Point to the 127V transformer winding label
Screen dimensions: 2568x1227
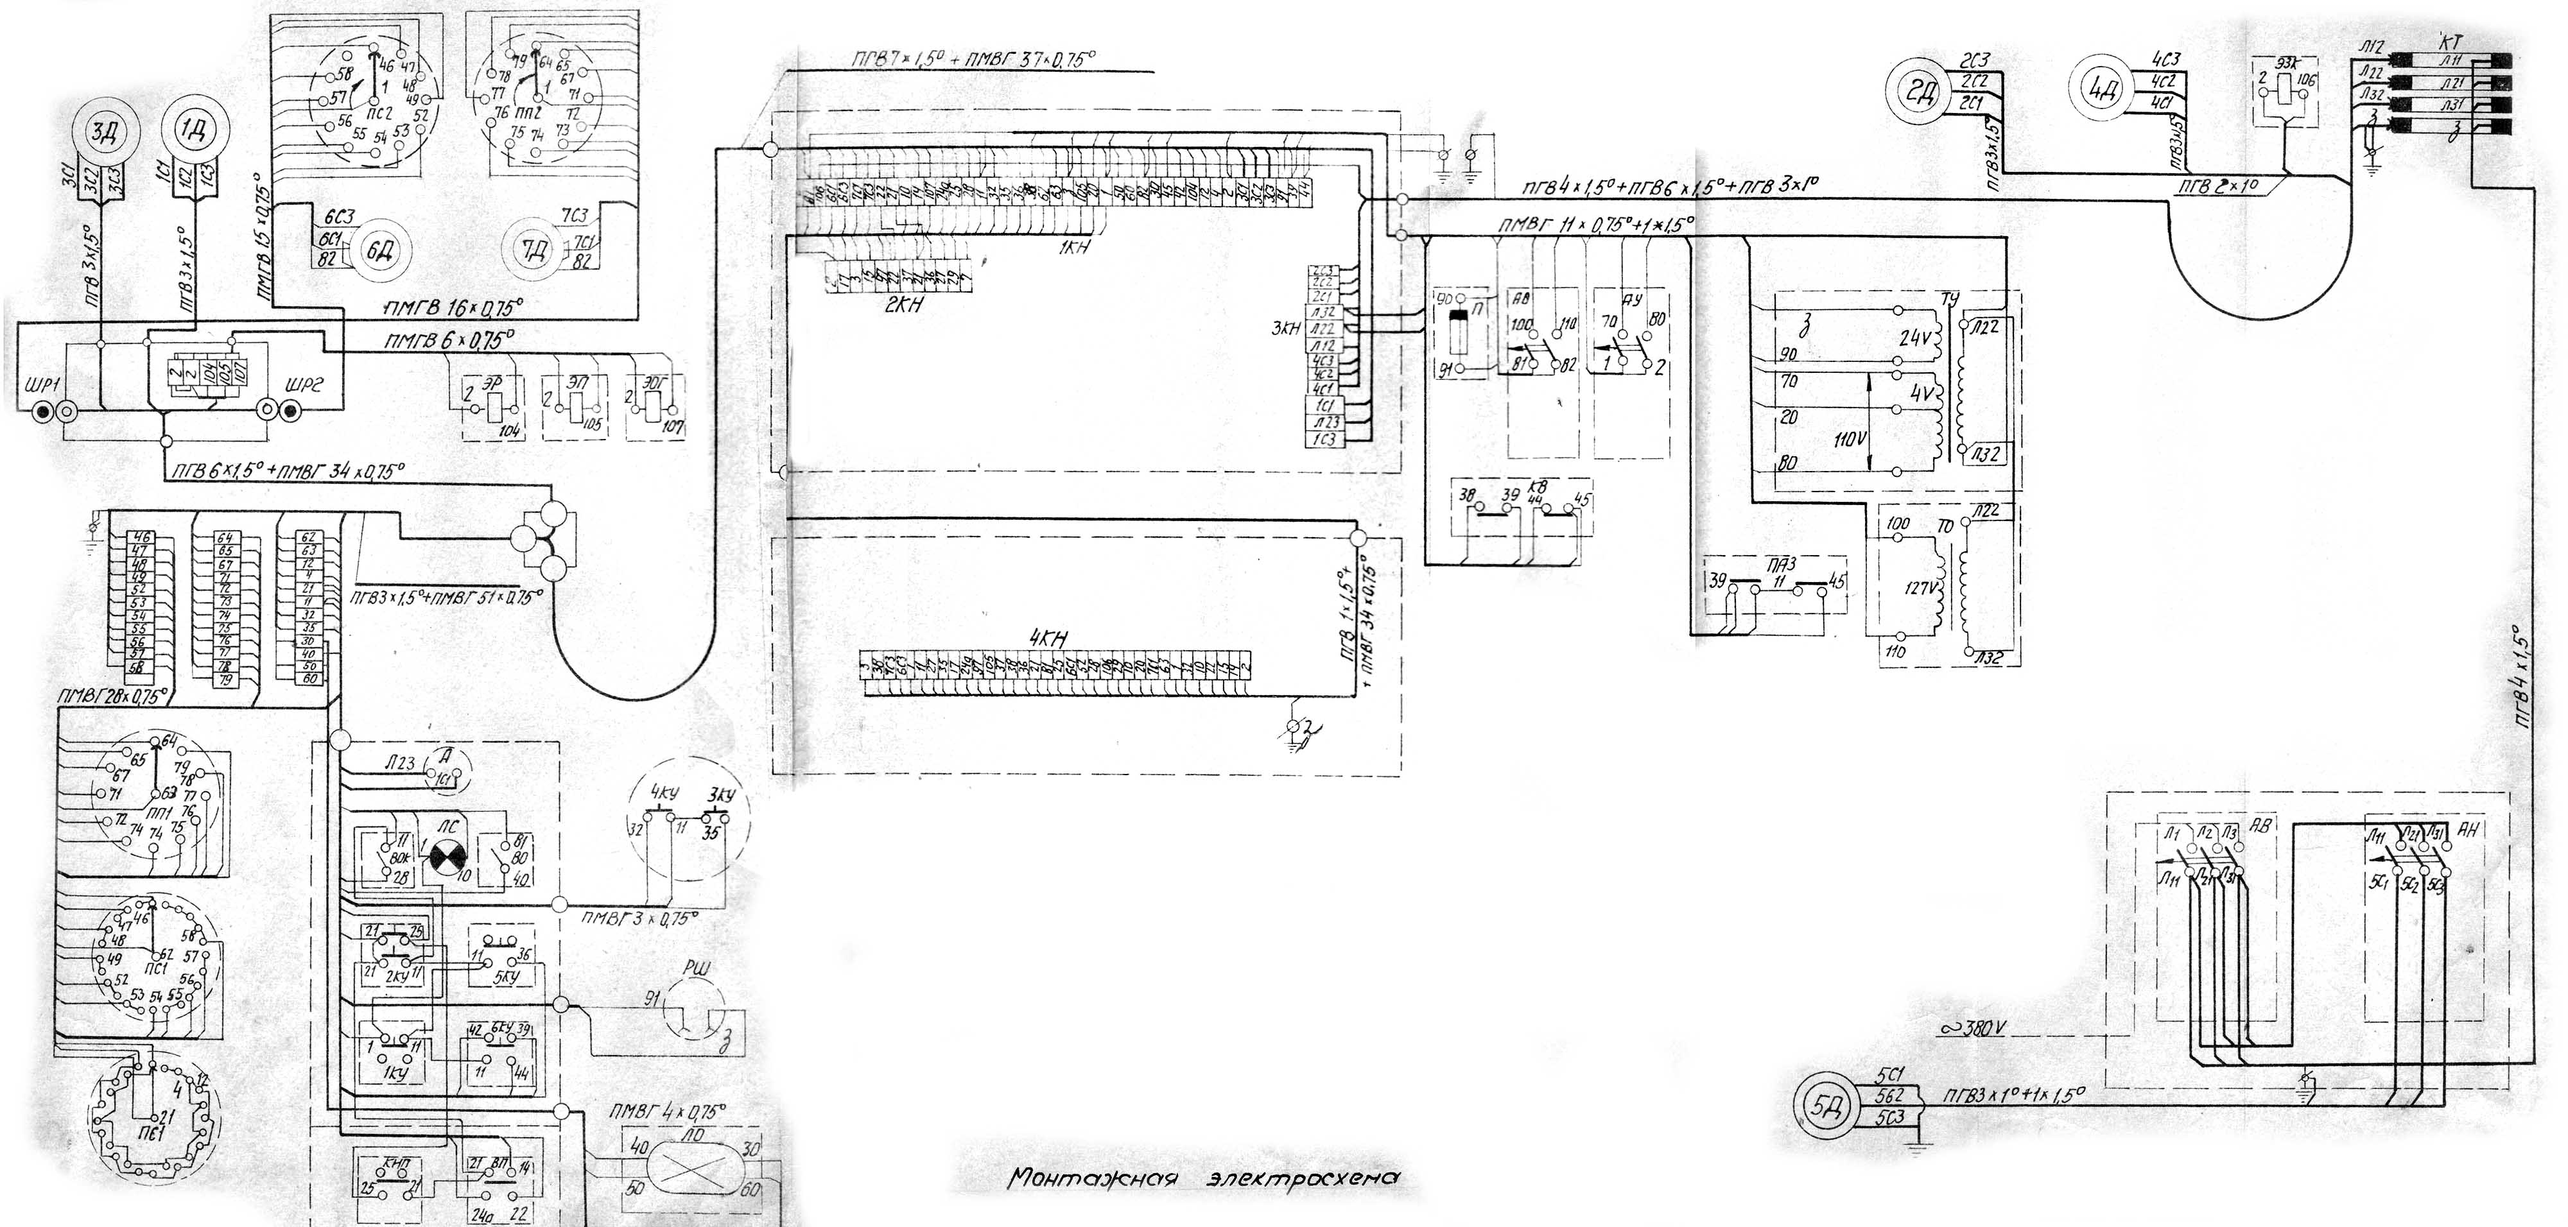1919,588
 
